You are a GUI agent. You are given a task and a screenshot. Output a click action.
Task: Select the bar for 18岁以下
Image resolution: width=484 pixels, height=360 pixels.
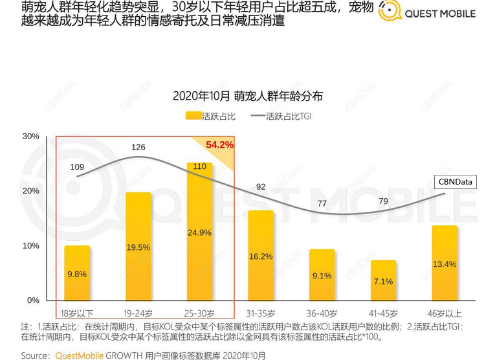click(77, 273)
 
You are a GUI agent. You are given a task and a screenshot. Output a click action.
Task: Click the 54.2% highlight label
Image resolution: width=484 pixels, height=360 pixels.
click(220, 144)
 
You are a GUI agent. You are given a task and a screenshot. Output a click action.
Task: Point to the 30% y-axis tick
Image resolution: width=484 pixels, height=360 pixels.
click(31, 137)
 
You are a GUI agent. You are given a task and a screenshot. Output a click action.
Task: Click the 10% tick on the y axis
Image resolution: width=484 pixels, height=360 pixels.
click(31, 246)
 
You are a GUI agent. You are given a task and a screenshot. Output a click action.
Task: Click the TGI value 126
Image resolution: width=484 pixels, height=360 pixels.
click(138, 148)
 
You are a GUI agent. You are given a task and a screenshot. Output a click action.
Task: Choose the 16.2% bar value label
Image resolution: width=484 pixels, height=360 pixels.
click(261, 256)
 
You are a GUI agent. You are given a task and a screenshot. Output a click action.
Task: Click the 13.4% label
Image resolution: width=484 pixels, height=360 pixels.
click(445, 264)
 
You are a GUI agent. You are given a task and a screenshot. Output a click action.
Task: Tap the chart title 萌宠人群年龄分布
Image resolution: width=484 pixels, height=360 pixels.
click(247, 96)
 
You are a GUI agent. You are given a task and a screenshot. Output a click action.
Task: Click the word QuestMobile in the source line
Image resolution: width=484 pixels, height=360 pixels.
click(78, 355)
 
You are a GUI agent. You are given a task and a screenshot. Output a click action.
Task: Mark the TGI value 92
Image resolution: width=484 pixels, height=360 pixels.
click(261, 187)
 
